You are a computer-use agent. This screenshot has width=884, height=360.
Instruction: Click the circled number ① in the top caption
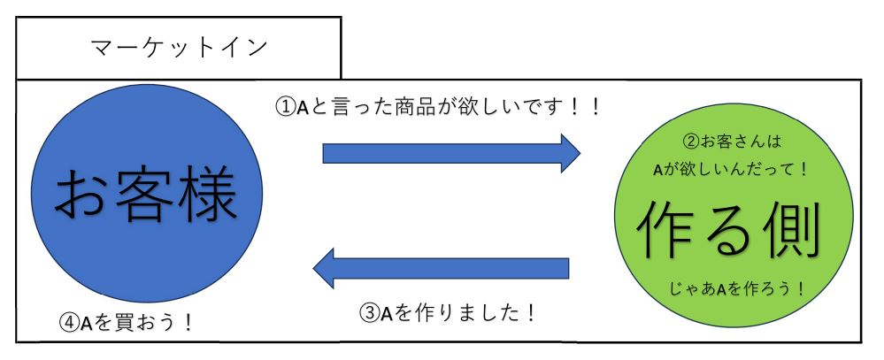tap(285, 107)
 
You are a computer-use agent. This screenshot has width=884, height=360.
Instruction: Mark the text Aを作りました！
tap(460, 313)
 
